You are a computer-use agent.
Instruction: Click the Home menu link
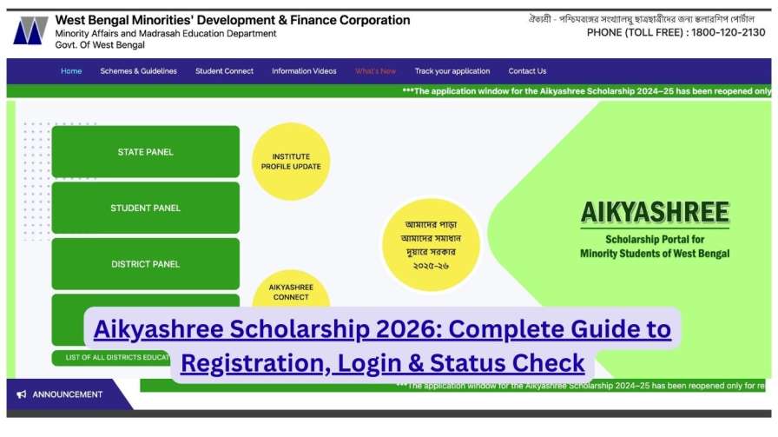click(x=71, y=71)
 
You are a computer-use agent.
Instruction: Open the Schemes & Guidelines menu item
click(x=138, y=71)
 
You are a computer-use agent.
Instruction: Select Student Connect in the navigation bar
click(x=224, y=71)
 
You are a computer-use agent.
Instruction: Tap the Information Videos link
click(x=304, y=71)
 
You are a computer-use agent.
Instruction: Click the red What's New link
click(x=375, y=71)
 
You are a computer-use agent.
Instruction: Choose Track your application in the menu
click(x=452, y=71)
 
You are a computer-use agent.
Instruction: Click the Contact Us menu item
click(x=527, y=71)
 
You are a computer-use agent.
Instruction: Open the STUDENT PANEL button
click(x=145, y=209)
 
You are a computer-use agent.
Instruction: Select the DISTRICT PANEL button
click(x=145, y=264)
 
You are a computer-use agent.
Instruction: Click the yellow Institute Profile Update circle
click(x=291, y=162)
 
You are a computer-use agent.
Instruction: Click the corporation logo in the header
click(x=30, y=30)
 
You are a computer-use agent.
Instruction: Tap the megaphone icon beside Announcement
click(x=22, y=394)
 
